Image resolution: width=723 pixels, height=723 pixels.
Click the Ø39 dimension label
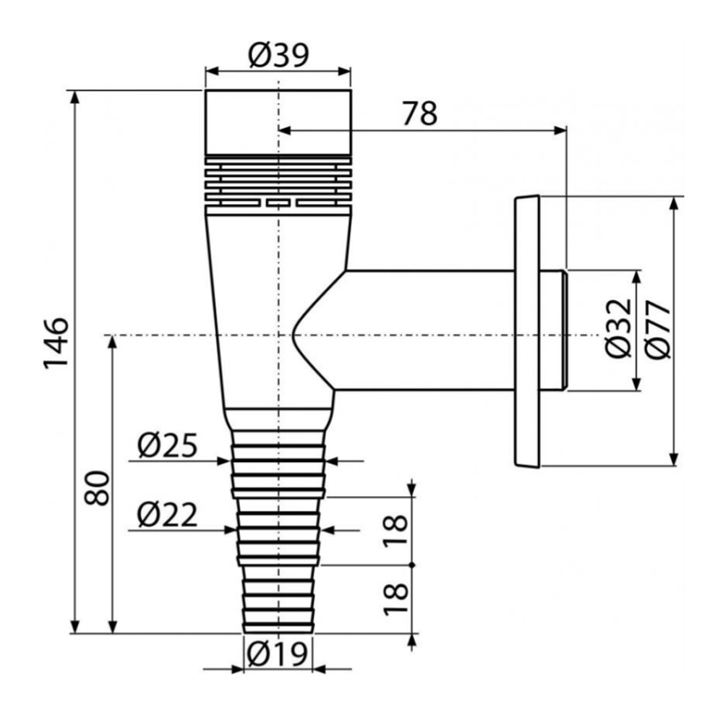coord(278,56)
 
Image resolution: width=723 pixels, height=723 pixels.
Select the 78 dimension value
coord(419,114)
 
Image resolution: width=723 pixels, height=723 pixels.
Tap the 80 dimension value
coord(98,488)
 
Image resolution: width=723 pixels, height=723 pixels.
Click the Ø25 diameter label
coord(168,445)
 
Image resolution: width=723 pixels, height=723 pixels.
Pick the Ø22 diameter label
coord(168,515)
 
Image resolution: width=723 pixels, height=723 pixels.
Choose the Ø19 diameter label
coord(277,653)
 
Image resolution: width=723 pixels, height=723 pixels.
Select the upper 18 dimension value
coord(396,530)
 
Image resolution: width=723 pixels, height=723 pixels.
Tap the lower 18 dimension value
coord(396,599)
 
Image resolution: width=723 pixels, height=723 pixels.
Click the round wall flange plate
coord(526,332)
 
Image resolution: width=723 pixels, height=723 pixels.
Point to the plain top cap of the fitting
coord(278,122)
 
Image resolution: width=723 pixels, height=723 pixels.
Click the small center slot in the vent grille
coord(278,202)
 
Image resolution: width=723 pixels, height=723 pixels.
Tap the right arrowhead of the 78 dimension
coord(560,130)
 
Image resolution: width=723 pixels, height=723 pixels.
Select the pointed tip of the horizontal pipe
coord(292,331)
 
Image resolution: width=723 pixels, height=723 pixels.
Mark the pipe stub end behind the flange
coord(553,330)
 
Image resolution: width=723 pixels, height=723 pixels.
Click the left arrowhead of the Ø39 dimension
coord(212,72)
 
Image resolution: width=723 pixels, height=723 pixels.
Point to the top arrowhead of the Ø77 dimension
coord(674,204)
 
